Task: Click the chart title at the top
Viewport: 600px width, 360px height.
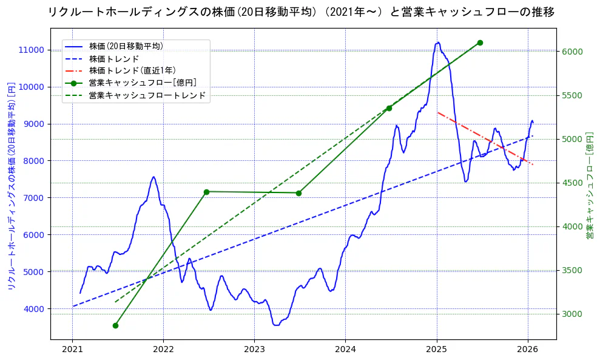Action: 301,12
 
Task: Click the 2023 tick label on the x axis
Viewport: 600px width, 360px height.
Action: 254,349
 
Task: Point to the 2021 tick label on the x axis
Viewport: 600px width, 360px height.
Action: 72,349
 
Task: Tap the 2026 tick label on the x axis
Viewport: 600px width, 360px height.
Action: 528,349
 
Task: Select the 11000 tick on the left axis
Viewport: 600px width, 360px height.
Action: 32,50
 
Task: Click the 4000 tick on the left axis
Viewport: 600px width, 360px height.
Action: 35,309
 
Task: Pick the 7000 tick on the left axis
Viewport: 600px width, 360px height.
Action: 35,198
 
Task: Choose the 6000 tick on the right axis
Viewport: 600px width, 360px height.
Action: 573,52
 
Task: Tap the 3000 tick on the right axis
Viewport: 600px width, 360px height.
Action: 573,314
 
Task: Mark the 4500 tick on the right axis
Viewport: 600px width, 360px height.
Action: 573,183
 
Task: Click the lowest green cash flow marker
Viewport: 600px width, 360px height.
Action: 115,325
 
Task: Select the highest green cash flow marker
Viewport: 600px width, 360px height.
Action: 480,42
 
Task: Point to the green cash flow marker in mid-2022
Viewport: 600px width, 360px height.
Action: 206,192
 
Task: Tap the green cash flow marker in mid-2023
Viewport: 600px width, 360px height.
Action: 298,193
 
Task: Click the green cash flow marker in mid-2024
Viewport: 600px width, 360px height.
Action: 389,108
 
